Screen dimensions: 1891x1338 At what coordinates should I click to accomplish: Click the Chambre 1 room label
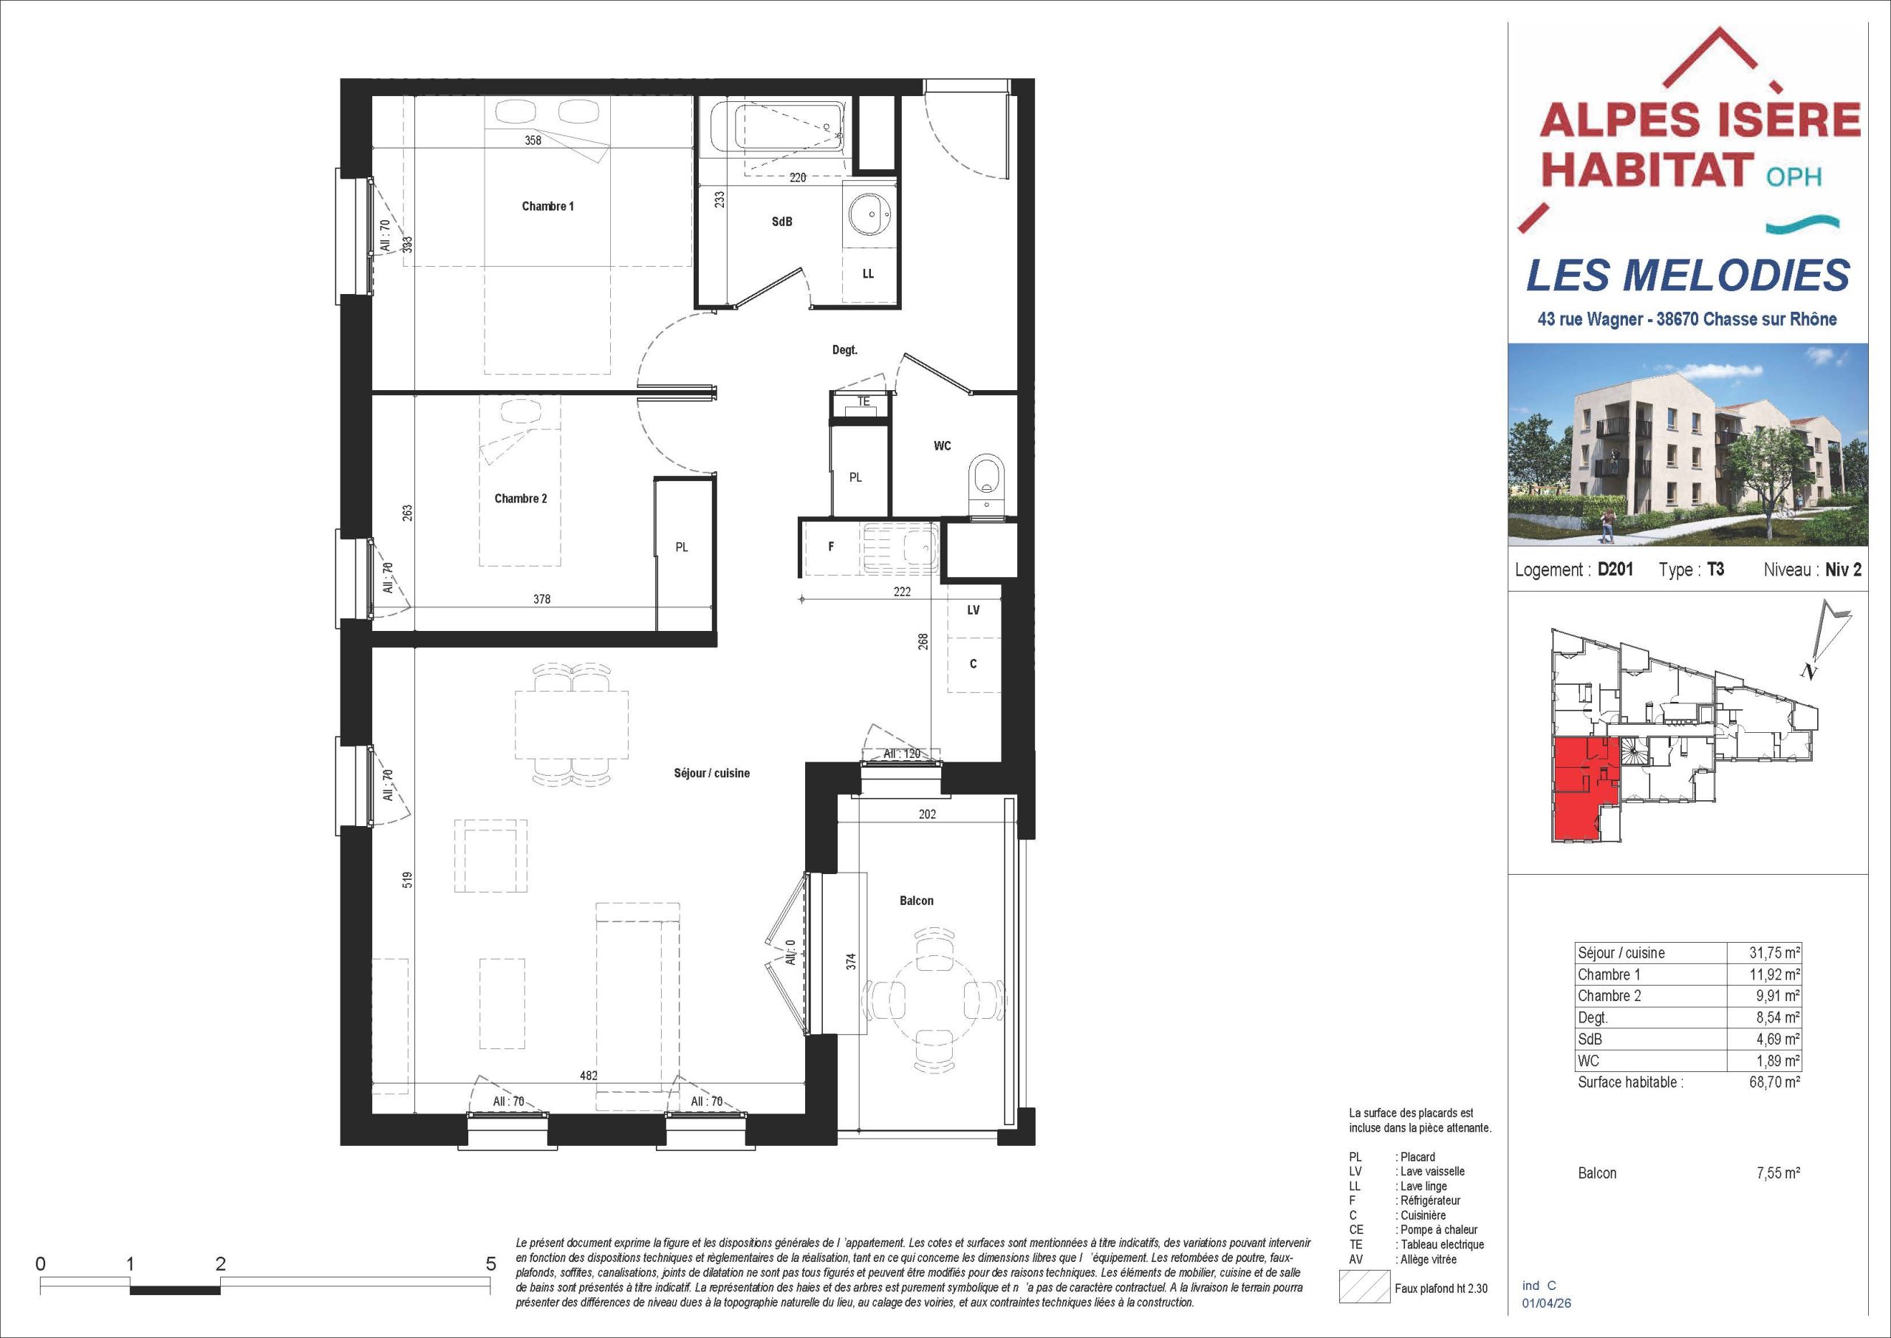point(547,206)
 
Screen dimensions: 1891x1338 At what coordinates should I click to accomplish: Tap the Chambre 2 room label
point(521,499)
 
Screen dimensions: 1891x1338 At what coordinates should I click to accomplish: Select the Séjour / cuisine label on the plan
point(711,774)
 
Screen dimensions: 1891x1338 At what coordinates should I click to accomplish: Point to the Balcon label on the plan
point(917,901)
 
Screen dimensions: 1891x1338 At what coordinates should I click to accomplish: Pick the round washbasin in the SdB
point(869,215)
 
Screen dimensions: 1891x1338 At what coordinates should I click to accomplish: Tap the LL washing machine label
point(868,273)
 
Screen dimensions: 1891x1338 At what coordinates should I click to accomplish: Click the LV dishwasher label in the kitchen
point(974,610)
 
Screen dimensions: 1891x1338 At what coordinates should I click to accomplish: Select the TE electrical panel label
point(864,401)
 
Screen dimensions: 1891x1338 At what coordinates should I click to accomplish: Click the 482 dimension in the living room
point(588,1075)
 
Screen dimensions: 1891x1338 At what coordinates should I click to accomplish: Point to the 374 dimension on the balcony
point(852,960)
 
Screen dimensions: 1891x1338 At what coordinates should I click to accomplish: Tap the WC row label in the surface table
point(1589,1061)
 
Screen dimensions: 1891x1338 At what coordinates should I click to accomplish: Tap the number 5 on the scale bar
point(491,1263)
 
